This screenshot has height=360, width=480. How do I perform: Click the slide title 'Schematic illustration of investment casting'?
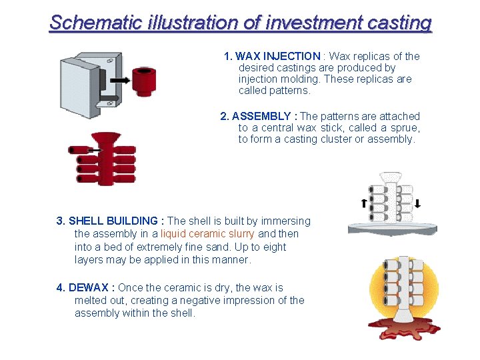pos(241,23)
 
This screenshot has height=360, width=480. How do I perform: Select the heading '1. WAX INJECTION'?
pos(272,56)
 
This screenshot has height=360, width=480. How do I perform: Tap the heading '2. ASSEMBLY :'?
pos(259,116)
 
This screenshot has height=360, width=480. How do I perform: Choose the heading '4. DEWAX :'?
pos(86,287)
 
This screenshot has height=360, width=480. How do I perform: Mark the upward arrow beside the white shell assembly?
pos(363,204)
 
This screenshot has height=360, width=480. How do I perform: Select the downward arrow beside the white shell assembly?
pos(418,204)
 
